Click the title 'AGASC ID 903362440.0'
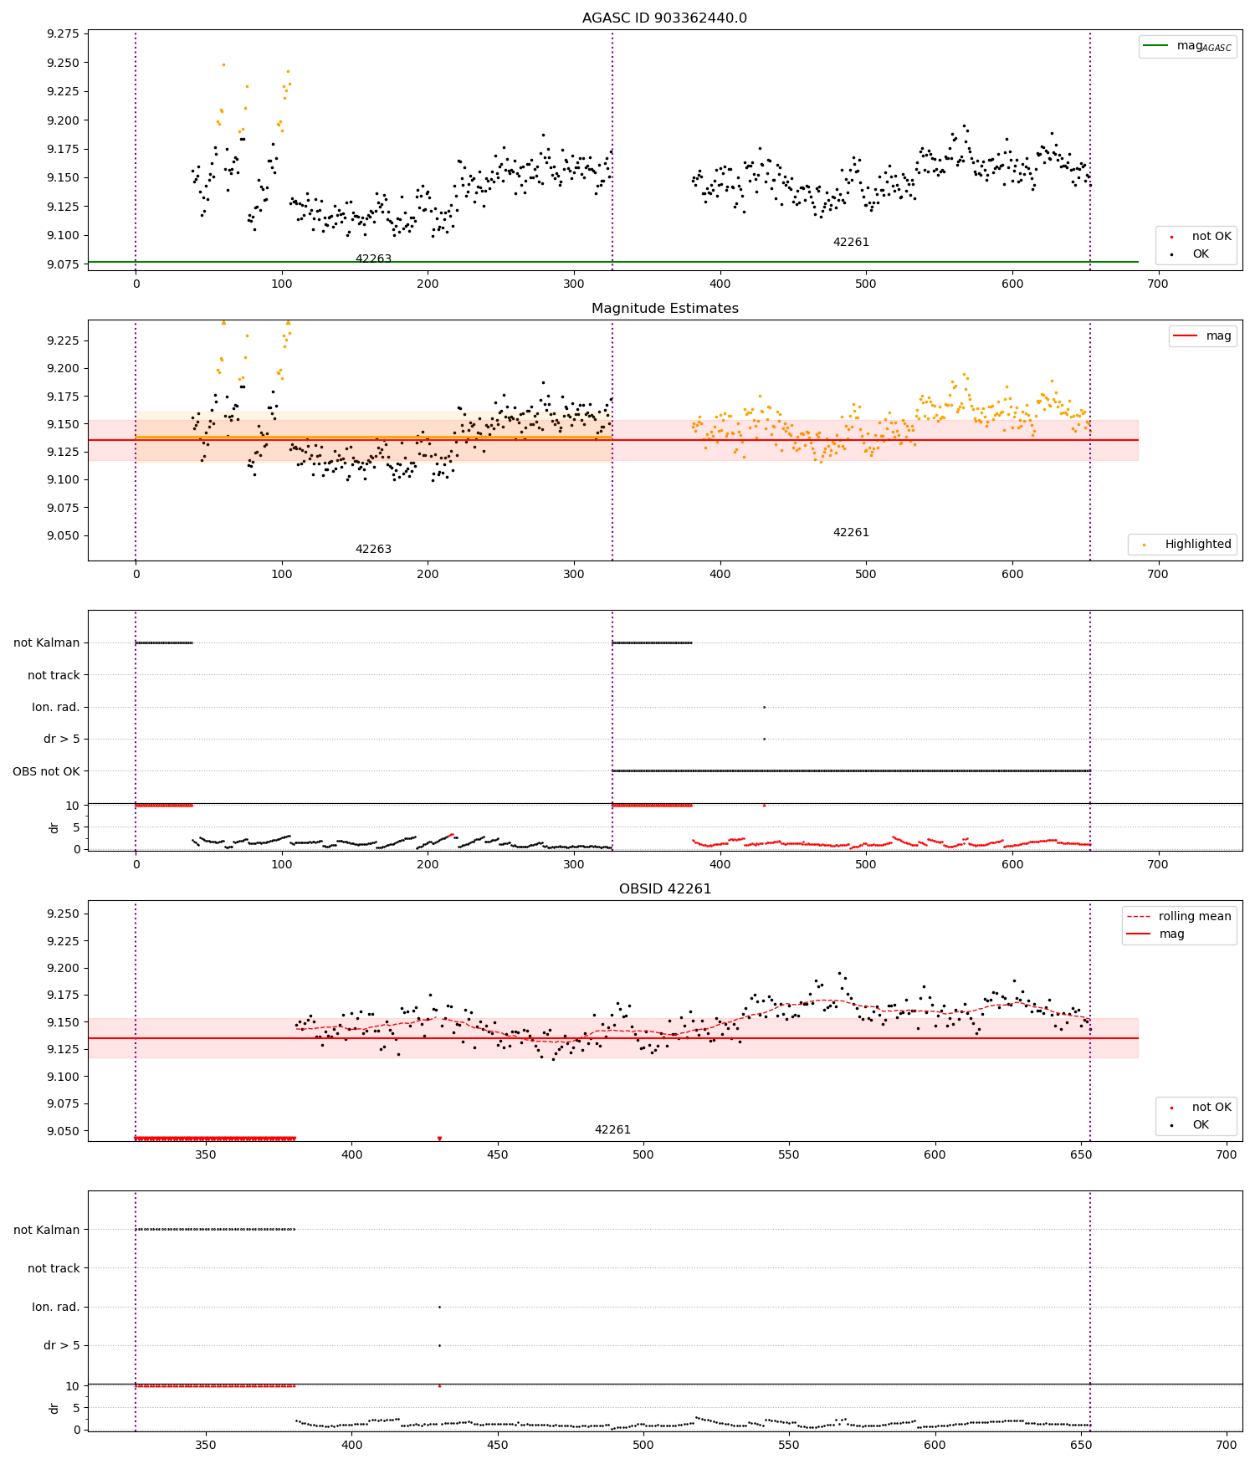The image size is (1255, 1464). click(x=664, y=18)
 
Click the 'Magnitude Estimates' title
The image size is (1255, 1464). click(x=664, y=309)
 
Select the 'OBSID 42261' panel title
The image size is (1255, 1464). click(x=664, y=889)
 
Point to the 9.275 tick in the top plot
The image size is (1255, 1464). click(x=64, y=34)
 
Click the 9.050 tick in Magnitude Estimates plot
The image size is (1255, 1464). click(x=64, y=536)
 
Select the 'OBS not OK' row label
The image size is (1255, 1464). click(x=46, y=771)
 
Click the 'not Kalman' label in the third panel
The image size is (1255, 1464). click(x=46, y=642)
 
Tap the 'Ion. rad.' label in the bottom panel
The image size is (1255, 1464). click(x=55, y=1307)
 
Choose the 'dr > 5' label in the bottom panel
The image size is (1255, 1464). click(x=61, y=1345)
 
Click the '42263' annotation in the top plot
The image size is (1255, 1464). click(x=373, y=259)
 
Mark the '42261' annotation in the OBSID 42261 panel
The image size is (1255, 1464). click(x=612, y=1129)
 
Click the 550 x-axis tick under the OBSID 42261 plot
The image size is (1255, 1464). click(x=789, y=1154)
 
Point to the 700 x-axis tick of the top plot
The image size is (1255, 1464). click(x=1158, y=284)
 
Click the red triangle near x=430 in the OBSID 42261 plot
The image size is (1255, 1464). click(x=439, y=1139)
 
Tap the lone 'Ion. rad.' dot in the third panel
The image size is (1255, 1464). click(x=764, y=707)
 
